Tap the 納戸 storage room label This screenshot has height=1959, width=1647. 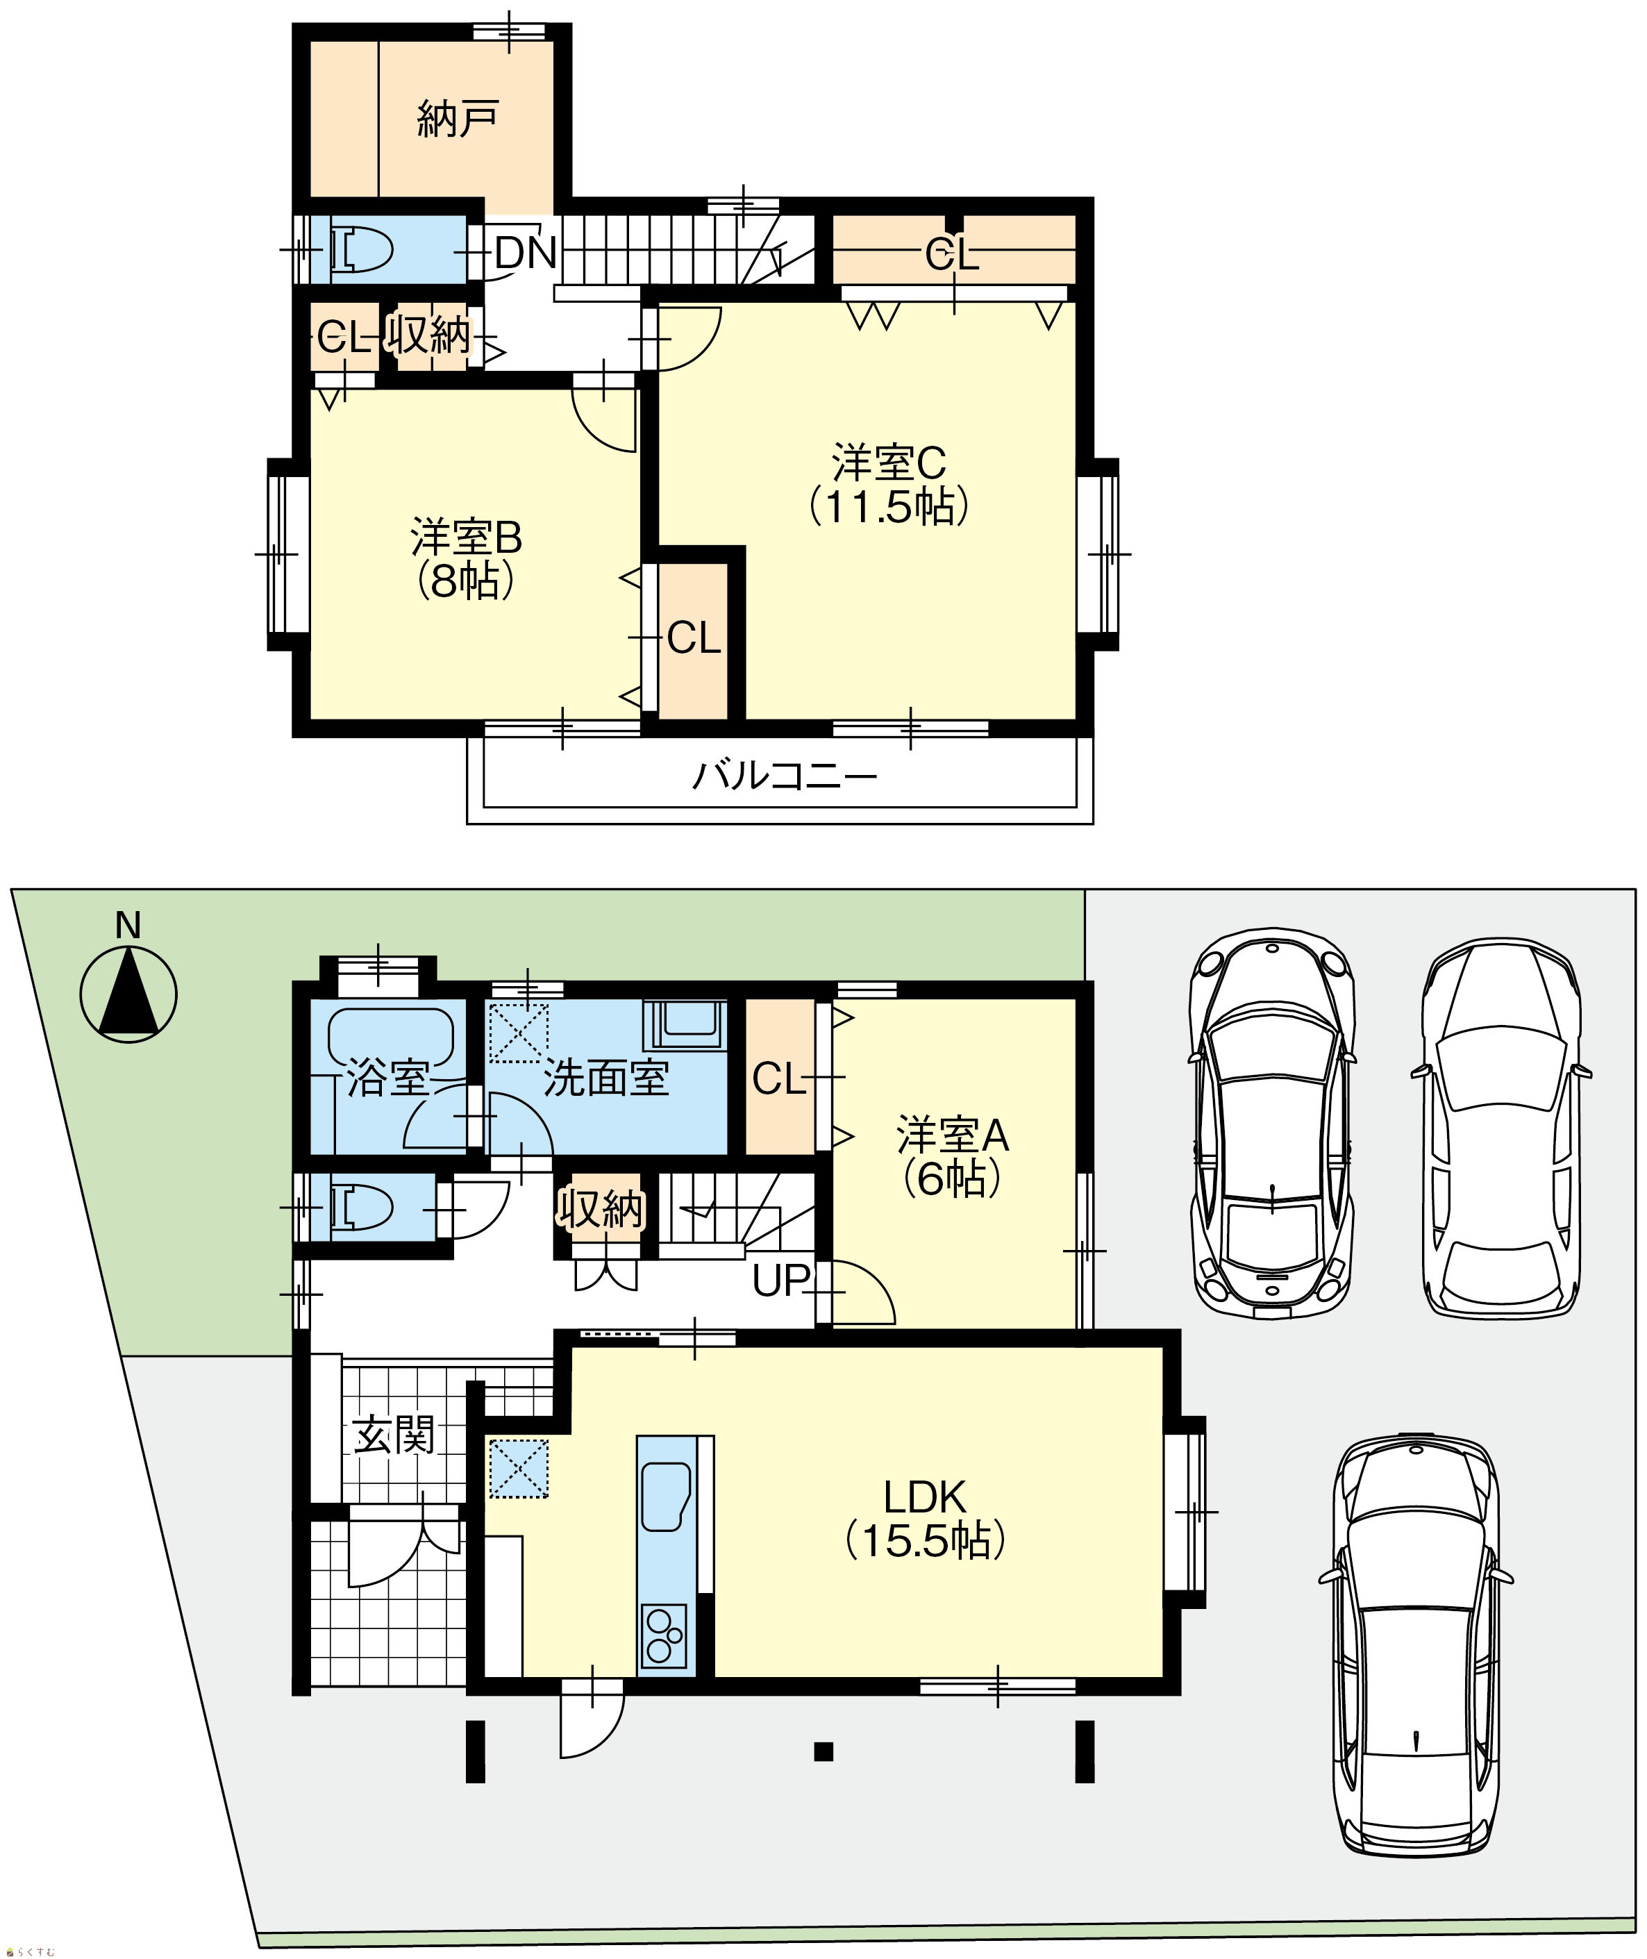pyautogui.click(x=458, y=119)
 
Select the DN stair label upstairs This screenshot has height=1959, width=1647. pyautogui.click(x=526, y=252)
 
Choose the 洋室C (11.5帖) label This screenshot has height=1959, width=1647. pyautogui.click(x=889, y=485)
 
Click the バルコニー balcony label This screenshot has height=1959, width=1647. pyautogui.click(x=785, y=776)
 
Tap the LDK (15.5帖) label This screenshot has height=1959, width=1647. pyautogui.click(x=926, y=1519)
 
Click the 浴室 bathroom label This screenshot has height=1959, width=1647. pyautogui.click(x=387, y=1078)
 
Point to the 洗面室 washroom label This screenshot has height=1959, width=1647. pyautogui.click(x=606, y=1078)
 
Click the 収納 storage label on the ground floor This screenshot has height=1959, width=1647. pyautogui.click(x=601, y=1208)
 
